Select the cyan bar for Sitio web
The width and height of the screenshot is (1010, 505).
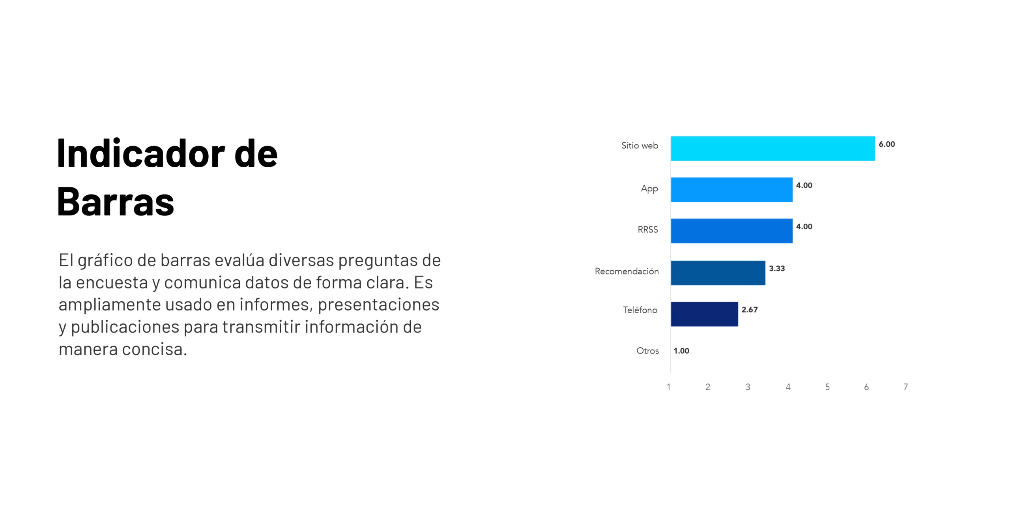click(772, 148)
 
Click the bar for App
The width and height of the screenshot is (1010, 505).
click(731, 190)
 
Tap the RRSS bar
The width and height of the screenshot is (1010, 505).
click(731, 231)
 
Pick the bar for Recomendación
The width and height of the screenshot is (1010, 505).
click(718, 273)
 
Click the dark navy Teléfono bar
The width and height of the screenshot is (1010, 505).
click(704, 314)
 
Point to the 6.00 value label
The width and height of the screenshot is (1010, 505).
click(887, 144)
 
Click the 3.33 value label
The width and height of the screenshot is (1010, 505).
click(776, 269)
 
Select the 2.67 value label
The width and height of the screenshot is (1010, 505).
click(749, 310)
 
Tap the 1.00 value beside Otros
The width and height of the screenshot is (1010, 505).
click(681, 351)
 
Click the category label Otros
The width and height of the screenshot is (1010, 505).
click(647, 351)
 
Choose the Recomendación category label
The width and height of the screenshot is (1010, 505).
click(627, 271)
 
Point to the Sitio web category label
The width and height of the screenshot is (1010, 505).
click(640, 146)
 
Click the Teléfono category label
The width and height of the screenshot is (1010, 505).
click(640, 310)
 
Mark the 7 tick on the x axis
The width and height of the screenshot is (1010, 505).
click(905, 387)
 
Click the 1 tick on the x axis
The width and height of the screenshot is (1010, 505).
click(668, 387)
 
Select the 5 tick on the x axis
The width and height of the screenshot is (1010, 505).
click(827, 387)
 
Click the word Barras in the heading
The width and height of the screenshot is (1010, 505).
click(116, 202)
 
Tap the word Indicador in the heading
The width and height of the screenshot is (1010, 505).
click(141, 153)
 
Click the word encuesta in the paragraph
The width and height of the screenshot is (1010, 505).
click(112, 283)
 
